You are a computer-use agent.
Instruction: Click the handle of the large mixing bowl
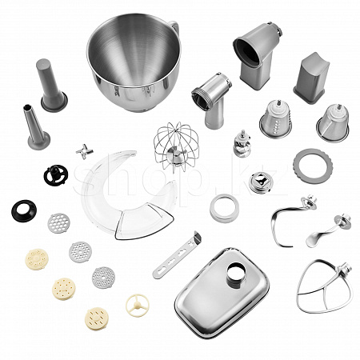pos(175,26)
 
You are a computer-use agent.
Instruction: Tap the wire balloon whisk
pos(176,146)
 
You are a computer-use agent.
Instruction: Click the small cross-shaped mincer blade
pos(84,152)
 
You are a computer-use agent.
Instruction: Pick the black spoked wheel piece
pos(56,175)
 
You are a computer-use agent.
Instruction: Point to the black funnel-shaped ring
pos(24,210)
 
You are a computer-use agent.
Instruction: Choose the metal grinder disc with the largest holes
pos(59,223)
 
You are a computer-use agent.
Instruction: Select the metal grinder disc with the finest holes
pos(103,278)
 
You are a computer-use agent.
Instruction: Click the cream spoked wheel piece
pos(138,306)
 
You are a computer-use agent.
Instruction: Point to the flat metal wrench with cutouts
pos(177,255)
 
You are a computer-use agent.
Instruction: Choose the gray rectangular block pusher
pos(312,78)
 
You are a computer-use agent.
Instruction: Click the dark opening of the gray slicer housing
pos(247,51)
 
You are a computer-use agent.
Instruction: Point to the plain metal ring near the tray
pos(224,209)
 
